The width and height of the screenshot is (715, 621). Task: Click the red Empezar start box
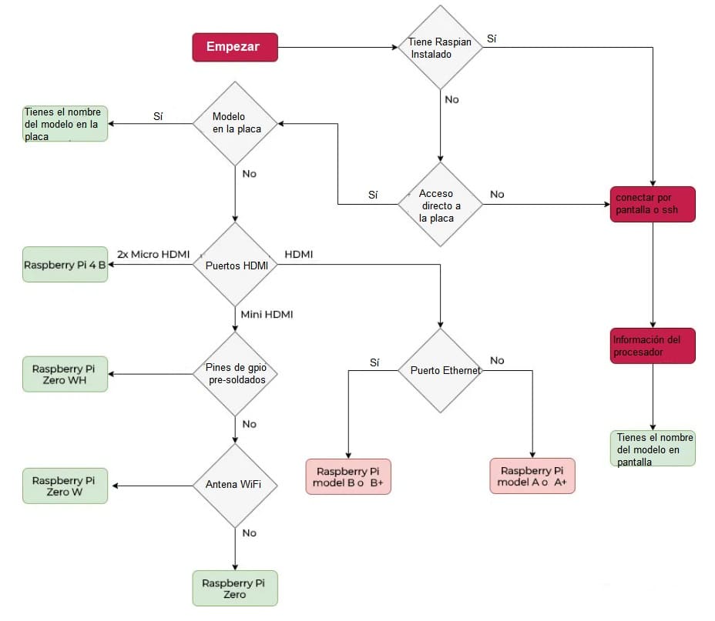pos(234,47)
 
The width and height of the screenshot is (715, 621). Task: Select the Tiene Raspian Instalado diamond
pos(440,47)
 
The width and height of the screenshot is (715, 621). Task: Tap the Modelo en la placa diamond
pos(234,122)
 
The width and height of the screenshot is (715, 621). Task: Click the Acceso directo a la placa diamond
pos(440,204)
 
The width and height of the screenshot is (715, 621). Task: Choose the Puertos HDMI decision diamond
pos(234,265)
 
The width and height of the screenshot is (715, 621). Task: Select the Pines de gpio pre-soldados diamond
pos(234,374)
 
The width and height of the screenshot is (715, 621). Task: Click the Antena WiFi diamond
pos(234,485)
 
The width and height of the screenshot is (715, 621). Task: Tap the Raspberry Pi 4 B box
pos(65,265)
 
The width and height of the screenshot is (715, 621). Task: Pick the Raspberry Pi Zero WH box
pos(65,374)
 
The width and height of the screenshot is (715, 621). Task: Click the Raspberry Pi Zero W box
pos(65,486)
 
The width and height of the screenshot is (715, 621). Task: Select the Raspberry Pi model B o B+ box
pos(349,476)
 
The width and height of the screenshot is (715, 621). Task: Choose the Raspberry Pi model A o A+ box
pos(532,476)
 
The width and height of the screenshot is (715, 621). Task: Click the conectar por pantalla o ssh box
pos(653,204)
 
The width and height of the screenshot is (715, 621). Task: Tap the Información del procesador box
pos(653,346)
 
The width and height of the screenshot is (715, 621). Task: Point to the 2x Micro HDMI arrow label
pos(153,253)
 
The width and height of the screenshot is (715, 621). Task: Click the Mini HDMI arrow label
pos(267,314)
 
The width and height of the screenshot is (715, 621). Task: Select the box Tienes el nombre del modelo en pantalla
pos(653,449)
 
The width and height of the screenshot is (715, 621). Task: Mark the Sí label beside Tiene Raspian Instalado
pos(492,38)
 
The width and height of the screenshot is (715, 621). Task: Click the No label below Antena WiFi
pos(249,533)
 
